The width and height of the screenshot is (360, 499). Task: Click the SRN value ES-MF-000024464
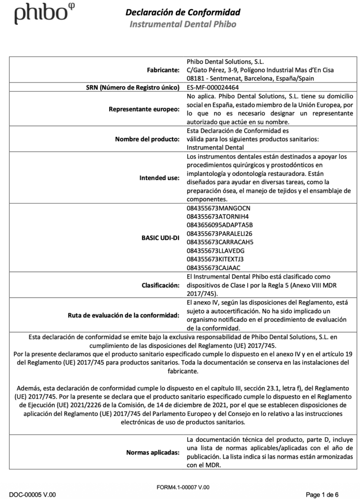pyautogui.click(x=212, y=87)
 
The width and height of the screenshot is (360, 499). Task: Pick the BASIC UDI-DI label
pyautogui.click(x=161, y=237)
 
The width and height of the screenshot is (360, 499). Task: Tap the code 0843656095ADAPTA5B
pyautogui.click(x=219, y=225)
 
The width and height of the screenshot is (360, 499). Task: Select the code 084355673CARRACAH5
pyautogui.click(x=219, y=242)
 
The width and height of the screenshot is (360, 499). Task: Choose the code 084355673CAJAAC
pyautogui.click(x=213, y=267)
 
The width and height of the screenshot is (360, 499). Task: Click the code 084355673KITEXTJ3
pyautogui.click(x=215, y=259)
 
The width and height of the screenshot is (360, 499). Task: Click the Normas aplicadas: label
pyautogui.click(x=153, y=453)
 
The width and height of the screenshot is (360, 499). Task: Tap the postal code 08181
pyautogui.click(x=195, y=78)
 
